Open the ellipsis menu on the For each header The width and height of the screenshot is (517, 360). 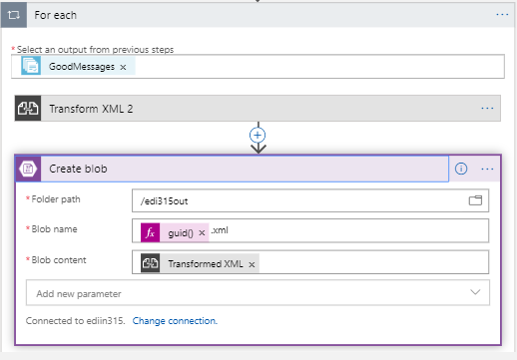[x=502, y=15]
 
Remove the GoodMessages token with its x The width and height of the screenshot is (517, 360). [x=123, y=67]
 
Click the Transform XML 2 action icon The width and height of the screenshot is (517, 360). [x=28, y=108]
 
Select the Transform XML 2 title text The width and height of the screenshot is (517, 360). [x=91, y=108]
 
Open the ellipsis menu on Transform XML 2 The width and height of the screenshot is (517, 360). [x=487, y=108]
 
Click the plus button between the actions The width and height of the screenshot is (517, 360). [x=258, y=134]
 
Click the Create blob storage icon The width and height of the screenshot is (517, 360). [x=29, y=169]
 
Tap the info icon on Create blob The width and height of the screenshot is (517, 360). [x=461, y=169]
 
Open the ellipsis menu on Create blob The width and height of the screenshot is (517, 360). [x=487, y=169]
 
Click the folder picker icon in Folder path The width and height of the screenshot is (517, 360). [x=475, y=200]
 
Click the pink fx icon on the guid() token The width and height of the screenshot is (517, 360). [x=150, y=231]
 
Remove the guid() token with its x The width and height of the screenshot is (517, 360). [x=202, y=232]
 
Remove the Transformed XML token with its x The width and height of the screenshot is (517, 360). [x=252, y=264]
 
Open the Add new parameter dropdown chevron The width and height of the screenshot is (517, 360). [x=474, y=293]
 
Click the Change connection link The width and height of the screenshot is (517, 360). [x=175, y=321]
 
